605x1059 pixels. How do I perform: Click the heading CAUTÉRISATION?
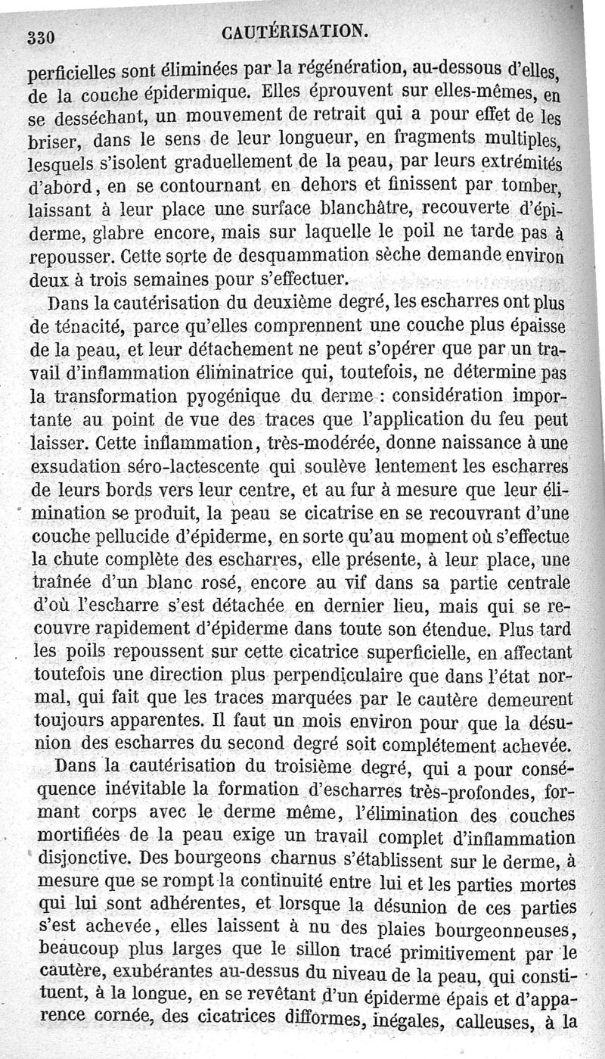click(x=296, y=31)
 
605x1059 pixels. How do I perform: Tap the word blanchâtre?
click(x=360, y=208)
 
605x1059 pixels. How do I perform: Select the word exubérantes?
click(x=139, y=976)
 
